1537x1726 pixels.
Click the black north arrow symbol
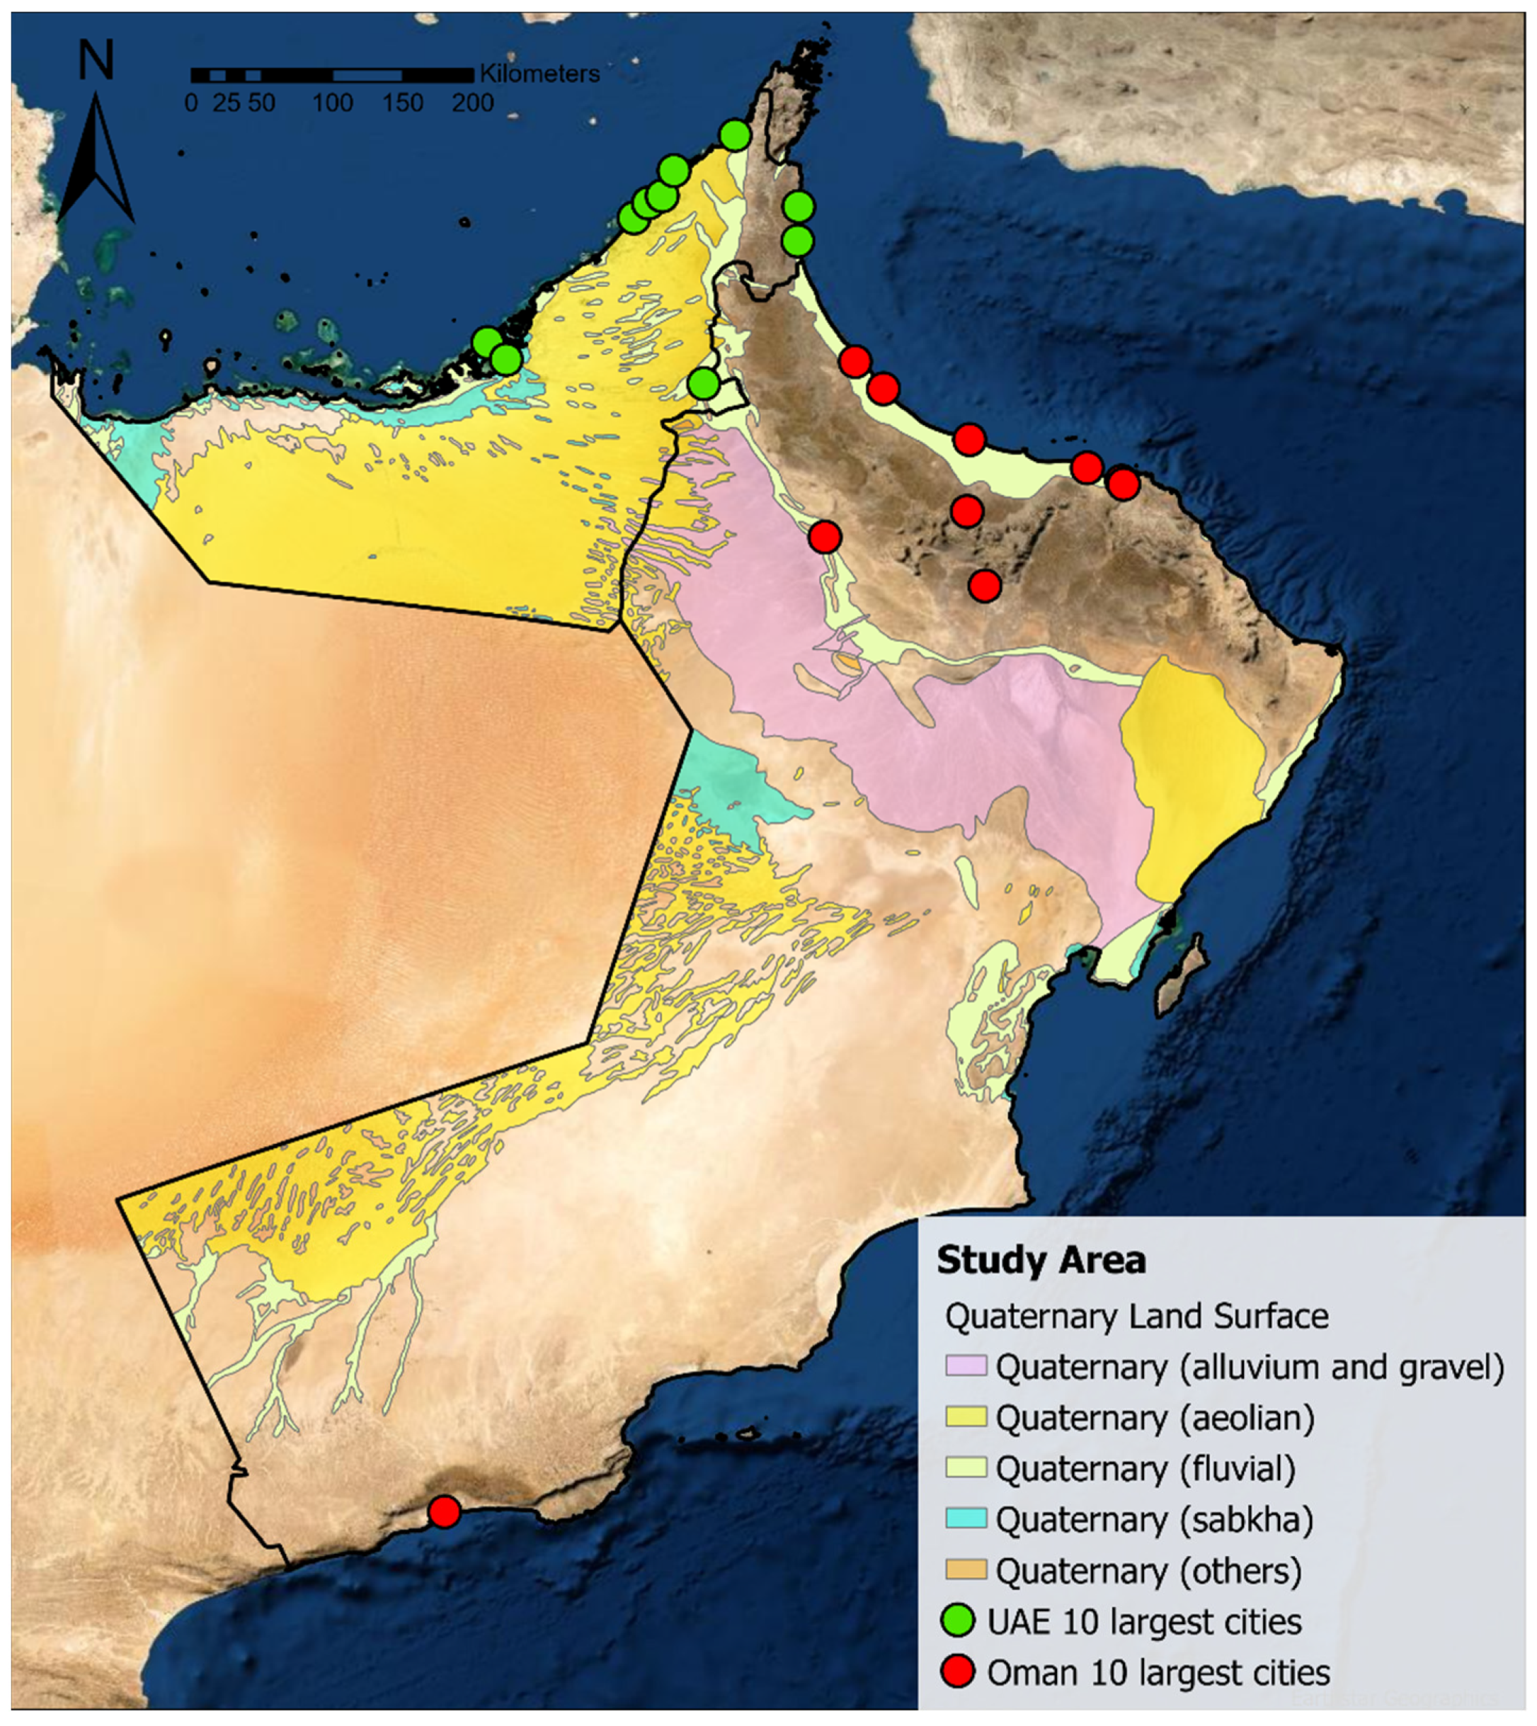click(x=96, y=161)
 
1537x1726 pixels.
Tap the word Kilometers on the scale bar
click(x=539, y=74)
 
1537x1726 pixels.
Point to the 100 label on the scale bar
click(x=333, y=103)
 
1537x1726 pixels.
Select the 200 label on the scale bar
click(x=473, y=103)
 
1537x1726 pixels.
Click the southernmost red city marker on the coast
click(x=444, y=1511)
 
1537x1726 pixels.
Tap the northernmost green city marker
click(x=735, y=135)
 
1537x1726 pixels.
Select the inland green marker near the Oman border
click(x=704, y=384)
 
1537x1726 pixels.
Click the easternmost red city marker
click(x=1123, y=485)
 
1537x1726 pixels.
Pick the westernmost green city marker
click(x=486, y=342)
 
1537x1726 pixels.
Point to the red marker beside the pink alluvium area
click(x=825, y=536)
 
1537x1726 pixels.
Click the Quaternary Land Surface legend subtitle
click(x=1136, y=1316)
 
